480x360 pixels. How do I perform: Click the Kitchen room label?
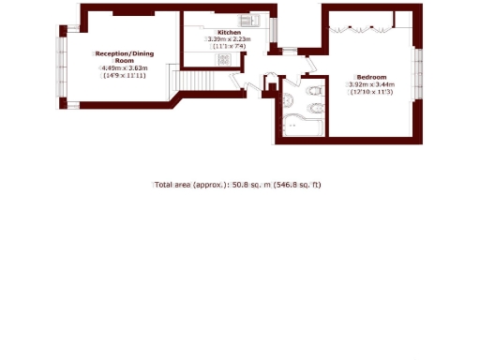[x=230, y=32]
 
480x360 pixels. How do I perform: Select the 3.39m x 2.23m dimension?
[x=230, y=39]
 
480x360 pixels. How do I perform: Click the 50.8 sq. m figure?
[x=250, y=185]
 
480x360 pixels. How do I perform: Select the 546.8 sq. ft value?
[x=298, y=185]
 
